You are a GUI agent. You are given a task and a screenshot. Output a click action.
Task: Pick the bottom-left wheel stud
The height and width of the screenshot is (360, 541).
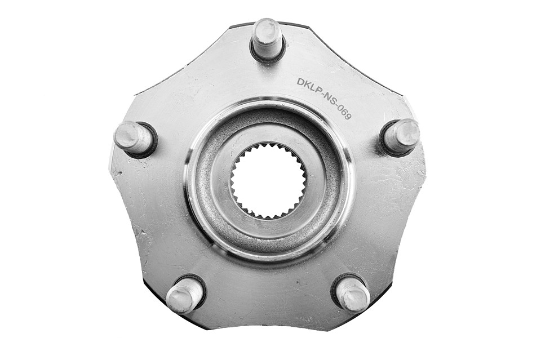[x=184, y=291]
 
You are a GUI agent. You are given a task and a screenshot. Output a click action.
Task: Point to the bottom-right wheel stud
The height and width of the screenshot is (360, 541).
[x=351, y=294]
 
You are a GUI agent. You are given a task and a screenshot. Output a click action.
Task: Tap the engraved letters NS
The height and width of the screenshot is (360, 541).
[x=330, y=102]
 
